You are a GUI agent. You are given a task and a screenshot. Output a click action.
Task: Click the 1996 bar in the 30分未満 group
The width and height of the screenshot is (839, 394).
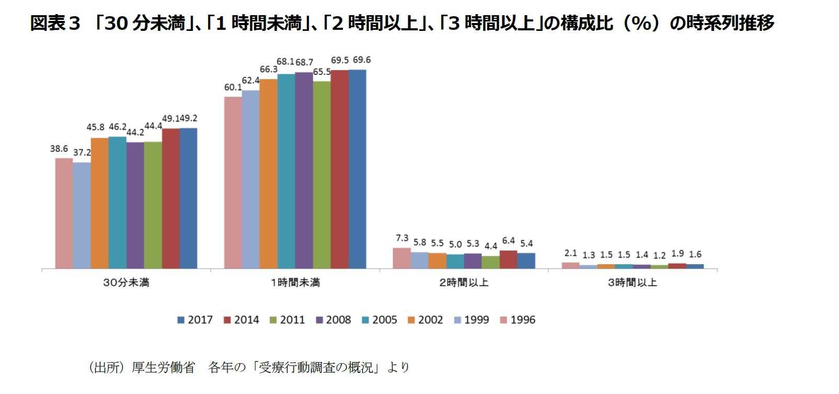coord(64,213)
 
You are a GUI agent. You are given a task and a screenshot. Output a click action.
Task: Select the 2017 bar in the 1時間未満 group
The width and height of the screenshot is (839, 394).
coord(358,169)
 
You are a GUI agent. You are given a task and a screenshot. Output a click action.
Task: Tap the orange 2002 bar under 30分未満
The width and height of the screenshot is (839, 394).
coord(99,203)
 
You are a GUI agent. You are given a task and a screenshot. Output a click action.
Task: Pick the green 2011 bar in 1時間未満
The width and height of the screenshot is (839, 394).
coord(322,175)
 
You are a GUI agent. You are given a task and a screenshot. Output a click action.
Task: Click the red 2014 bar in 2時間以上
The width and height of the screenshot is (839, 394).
coord(508,260)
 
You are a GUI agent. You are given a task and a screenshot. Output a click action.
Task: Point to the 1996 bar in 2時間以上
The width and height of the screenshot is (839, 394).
coord(401,258)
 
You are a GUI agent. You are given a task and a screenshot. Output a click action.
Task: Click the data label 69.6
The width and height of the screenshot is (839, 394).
coord(362,60)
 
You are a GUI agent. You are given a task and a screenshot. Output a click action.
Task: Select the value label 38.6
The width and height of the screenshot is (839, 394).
coord(59,149)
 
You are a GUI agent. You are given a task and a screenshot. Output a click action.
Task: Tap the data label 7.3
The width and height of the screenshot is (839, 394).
coord(402,238)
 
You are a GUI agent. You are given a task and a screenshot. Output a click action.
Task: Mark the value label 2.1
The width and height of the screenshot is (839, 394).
coord(570,253)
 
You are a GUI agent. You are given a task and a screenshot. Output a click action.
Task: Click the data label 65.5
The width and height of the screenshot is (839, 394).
coord(322,72)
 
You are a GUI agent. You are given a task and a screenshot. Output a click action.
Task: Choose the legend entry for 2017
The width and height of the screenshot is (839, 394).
coord(195,320)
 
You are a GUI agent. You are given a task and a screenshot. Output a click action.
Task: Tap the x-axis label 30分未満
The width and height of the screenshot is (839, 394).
coord(126,283)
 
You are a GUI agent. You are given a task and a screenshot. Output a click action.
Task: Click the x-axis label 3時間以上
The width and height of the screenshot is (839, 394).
coord(632,283)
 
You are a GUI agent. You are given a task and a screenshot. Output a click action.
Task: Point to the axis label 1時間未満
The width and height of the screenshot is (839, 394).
coord(295,283)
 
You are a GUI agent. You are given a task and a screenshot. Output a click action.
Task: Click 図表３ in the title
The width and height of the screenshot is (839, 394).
coord(55,23)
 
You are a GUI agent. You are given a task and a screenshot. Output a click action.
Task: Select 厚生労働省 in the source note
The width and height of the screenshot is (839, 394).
coord(163,368)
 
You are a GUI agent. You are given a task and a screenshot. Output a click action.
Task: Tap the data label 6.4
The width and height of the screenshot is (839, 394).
coord(508,241)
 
